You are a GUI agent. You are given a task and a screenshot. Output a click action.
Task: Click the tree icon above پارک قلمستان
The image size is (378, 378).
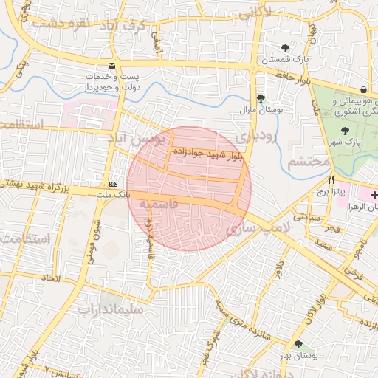point(285,48)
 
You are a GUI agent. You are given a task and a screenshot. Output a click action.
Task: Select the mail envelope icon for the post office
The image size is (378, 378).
point(111,65)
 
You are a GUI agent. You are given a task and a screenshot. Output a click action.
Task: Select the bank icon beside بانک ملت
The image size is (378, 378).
point(113,183)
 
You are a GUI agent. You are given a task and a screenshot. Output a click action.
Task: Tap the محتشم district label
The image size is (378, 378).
point(306,161)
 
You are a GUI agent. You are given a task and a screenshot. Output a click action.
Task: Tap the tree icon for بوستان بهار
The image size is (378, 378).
point(298,344)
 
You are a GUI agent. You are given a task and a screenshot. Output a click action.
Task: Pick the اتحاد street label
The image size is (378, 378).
point(50,278)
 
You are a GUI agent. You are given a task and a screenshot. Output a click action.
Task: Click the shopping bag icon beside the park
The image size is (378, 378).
point(364,89)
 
